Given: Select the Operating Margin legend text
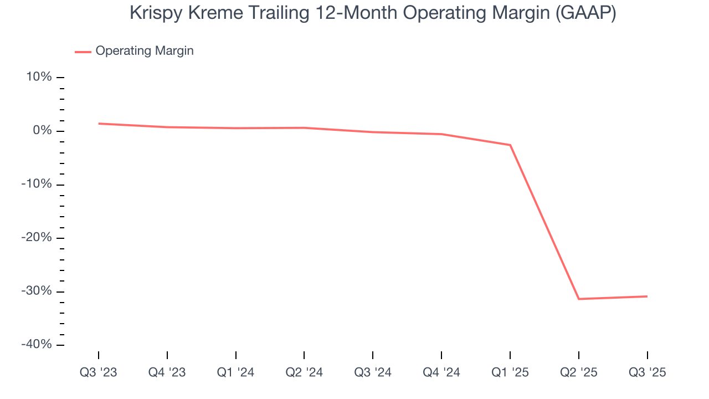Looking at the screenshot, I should tap(145, 51).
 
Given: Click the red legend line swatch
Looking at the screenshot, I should tap(83, 52).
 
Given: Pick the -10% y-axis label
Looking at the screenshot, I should tap(37, 184).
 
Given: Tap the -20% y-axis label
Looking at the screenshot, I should tap(37, 238).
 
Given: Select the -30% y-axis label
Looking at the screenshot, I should tap(37, 291).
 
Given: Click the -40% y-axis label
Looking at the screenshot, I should tap(37, 345).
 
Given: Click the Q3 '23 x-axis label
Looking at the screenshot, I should tap(99, 372).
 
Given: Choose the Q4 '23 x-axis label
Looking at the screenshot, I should tap(167, 372).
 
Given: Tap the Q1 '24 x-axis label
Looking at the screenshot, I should tap(236, 372).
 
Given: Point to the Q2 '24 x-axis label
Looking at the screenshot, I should tap(304, 372).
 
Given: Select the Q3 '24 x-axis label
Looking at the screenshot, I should tap(373, 372).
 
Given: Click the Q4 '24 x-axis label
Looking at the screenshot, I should tap(441, 372).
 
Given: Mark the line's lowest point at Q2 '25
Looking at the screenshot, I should tap(579, 299).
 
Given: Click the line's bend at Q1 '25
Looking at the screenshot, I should tap(510, 145).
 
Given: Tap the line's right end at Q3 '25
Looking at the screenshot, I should tap(647, 296).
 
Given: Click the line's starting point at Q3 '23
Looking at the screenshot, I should tap(99, 124).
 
